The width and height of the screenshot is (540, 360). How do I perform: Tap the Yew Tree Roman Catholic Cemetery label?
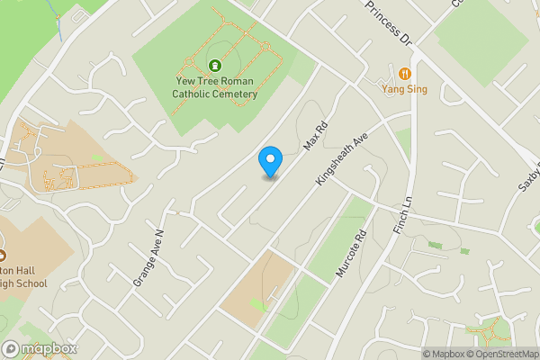click(x=216, y=87)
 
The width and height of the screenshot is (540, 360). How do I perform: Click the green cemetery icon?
click(x=215, y=65)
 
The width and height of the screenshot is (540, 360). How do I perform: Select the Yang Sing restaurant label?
click(x=404, y=89)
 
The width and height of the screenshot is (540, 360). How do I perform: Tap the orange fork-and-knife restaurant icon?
click(x=404, y=73)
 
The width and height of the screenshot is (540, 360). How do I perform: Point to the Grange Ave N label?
click(x=148, y=257)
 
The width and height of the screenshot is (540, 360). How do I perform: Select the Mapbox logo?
click(x=40, y=348)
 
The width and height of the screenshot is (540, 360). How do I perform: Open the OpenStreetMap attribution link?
click(x=499, y=354)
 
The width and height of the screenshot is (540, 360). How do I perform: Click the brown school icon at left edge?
click(x=3, y=241)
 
